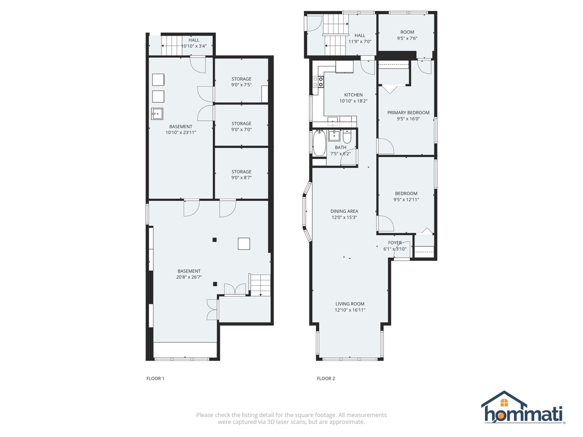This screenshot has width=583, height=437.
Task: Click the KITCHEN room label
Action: click(x=353, y=95)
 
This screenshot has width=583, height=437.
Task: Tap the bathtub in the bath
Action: click(x=319, y=143)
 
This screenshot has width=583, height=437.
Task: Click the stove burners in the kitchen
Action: click(x=318, y=82)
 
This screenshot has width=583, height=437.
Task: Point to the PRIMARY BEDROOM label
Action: click(x=408, y=112)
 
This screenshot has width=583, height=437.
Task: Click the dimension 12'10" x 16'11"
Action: click(x=350, y=310)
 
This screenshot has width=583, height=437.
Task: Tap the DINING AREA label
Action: click(x=344, y=211)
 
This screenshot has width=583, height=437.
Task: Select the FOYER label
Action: click(x=395, y=243)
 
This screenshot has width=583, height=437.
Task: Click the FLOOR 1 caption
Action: click(x=155, y=378)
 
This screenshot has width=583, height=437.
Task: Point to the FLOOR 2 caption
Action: click(x=326, y=378)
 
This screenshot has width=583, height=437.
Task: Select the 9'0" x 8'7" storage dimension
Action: click(x=241, y=178)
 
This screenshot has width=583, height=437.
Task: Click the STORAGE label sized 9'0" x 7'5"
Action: click(x=241, y=79)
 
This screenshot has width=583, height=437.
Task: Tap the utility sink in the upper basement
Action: click(x=157, y=114)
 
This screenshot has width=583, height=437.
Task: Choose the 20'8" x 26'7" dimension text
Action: click(x=189, y=277)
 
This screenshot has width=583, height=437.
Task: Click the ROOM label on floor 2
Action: click(x=407, y=32)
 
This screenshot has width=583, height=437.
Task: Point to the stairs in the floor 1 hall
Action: click(x=171, y=45)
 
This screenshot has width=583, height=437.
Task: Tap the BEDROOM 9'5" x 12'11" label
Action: click(x=406, y=193)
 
